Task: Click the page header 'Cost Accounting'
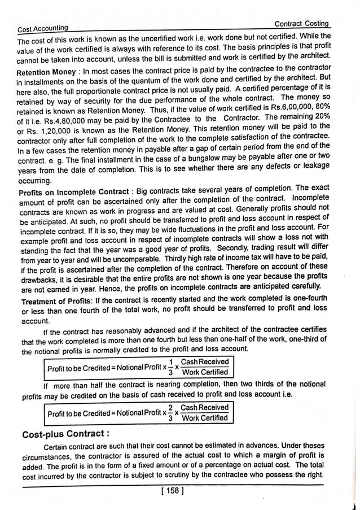tap(43, 28)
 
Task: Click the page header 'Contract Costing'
tap(301, 24)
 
